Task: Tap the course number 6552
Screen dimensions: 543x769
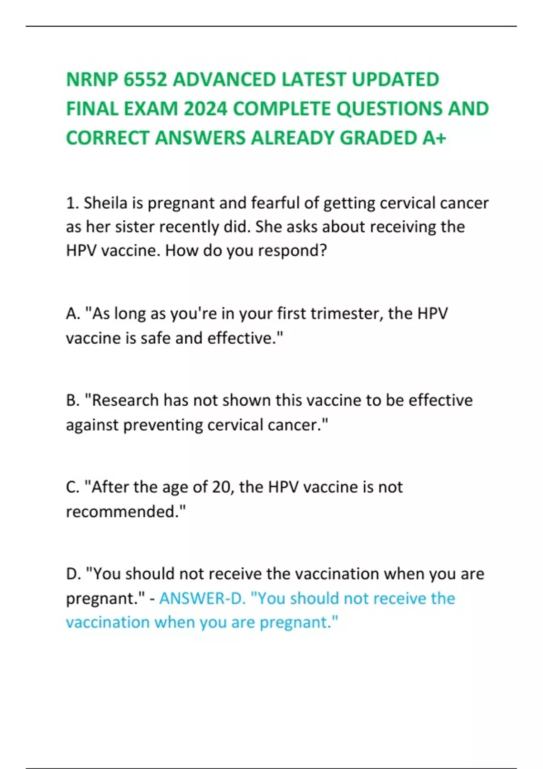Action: click(x=145, y=80)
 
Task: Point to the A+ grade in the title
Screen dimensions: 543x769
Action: click(x=434, y=138)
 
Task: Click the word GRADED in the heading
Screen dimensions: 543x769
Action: click(x=378, y=138)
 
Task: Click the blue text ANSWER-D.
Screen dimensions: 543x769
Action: click(x=203, y=598)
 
